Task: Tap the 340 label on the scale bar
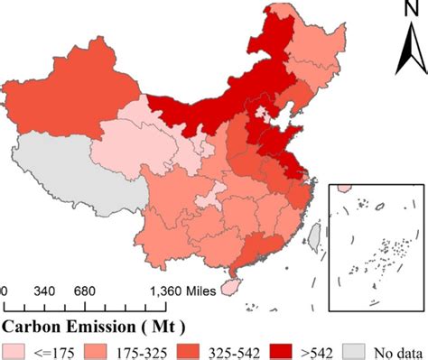(x=43, y=292)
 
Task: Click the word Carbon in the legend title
(x=34, y=321)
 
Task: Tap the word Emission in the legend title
(x=106, y=321)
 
